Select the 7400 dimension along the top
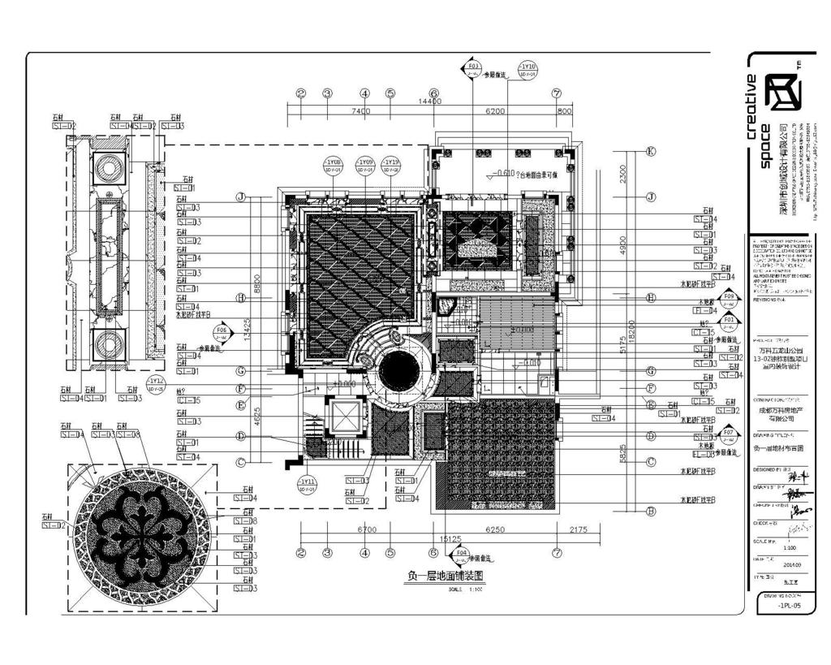361,111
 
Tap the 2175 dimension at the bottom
578,529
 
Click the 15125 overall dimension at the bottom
450,538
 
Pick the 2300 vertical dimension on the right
623,174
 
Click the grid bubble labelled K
650,151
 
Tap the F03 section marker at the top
472,67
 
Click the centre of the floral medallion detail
144,538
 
